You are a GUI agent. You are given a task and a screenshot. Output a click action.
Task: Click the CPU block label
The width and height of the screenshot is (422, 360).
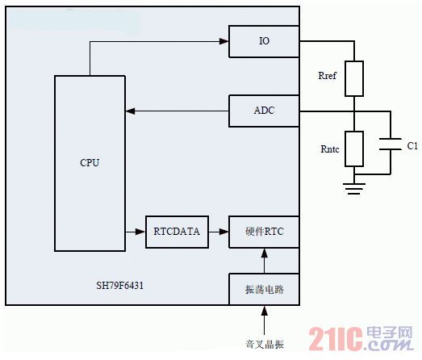click(x=90, y=162)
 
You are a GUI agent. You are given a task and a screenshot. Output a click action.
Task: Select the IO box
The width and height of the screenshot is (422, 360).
click(x=264, y=41)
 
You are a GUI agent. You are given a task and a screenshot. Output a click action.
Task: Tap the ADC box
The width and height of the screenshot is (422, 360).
click(x=264, y=111)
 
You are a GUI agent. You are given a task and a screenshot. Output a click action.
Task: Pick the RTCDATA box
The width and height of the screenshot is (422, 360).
click(x=177, y=232)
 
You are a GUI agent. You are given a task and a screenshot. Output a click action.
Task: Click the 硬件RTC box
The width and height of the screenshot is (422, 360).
click(x=264, y=232)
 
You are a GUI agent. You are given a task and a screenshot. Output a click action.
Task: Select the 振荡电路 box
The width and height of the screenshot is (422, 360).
click(x=264, y=289)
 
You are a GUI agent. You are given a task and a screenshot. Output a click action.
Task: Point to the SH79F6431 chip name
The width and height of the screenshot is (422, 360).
click(x=119, y=286)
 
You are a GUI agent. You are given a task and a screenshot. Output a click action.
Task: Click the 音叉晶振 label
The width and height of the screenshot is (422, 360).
click(x=265, y=344)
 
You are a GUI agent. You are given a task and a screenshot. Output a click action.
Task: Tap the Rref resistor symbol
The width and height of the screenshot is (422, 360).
click(x=354, y=78)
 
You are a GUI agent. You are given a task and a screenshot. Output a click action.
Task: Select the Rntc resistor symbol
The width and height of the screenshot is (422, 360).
click(x=354, y=149)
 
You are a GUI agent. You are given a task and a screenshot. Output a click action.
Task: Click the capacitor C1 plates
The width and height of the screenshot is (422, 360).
click(x=391, y=144)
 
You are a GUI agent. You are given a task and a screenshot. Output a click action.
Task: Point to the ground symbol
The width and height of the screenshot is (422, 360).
click(x=354, y=189)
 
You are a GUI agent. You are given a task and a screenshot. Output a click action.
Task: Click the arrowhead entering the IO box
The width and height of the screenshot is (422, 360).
click(x=224, y=41)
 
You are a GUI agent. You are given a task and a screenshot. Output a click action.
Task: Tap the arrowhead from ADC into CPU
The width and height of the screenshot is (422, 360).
click(x=130, y=111)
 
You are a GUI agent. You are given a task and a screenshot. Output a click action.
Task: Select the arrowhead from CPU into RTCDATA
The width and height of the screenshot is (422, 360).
click(x=140, y=232)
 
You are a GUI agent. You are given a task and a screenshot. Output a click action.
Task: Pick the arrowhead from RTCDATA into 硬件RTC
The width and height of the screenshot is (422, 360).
click(x=224, y=232)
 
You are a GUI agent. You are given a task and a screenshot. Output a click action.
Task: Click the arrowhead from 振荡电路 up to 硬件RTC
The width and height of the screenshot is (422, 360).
click(x=265, y=253)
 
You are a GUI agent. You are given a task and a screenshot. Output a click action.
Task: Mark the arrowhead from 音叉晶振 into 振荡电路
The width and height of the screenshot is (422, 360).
click(x=265, y=311)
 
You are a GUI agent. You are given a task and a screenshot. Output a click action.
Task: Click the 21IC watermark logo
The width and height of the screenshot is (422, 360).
click(x=361, y=338)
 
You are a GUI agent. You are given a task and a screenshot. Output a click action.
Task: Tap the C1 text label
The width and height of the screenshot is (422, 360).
click(x=412, y=145)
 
